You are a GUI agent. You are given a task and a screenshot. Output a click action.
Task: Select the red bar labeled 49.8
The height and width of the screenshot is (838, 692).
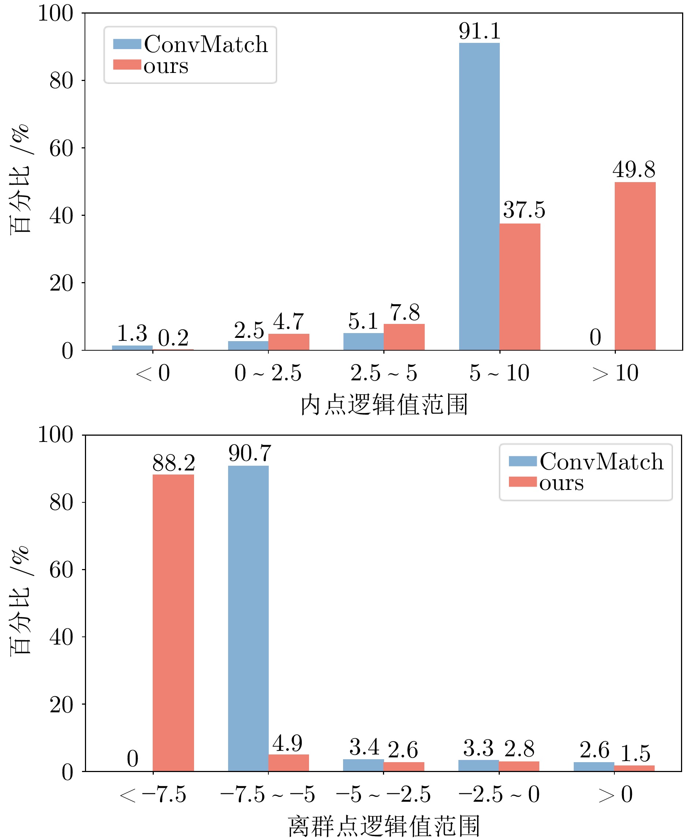[x=635, y=266]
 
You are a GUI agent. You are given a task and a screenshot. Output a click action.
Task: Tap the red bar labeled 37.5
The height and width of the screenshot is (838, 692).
[x=520, y=287]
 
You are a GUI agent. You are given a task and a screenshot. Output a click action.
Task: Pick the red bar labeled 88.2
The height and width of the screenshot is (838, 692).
[x=174, y=623]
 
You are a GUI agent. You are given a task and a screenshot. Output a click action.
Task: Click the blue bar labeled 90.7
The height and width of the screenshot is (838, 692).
[x=248, y=618]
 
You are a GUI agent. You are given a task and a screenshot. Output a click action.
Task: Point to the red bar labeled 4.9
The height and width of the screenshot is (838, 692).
[x=289, y=763]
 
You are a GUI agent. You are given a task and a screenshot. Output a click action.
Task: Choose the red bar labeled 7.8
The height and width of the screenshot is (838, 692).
[x=404, y=337]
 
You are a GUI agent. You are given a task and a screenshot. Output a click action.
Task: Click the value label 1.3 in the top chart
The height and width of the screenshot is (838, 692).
[x=132, y=333]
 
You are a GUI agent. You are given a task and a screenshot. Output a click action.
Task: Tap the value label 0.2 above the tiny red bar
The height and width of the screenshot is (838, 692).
[x=173, y=338]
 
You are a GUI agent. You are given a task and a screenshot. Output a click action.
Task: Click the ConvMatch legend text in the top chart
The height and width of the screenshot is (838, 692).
[x=206, y=44]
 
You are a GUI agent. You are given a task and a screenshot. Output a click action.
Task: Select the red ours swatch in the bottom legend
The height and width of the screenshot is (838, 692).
[x=522, y=482]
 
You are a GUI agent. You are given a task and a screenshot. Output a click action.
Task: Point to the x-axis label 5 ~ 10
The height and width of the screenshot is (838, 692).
[x=499, y=373]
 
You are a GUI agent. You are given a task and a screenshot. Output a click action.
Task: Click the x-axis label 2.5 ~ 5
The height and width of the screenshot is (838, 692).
[x=383, y=373]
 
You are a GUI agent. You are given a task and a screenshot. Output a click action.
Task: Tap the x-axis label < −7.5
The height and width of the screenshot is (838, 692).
[x=153, y=794]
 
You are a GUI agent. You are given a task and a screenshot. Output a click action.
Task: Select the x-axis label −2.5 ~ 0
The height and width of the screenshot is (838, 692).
[x=499, y=794]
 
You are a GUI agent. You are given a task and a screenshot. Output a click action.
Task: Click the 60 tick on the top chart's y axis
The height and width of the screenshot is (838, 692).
[x=61, y=148]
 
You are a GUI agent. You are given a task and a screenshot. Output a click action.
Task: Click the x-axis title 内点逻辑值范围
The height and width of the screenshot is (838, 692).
[x=384, y=405]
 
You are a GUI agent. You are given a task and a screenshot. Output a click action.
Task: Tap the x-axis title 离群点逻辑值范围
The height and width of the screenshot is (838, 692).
[x=384, y=826]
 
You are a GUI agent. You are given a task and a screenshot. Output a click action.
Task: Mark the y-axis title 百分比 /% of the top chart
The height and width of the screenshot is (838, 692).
[x=20, y=180]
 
